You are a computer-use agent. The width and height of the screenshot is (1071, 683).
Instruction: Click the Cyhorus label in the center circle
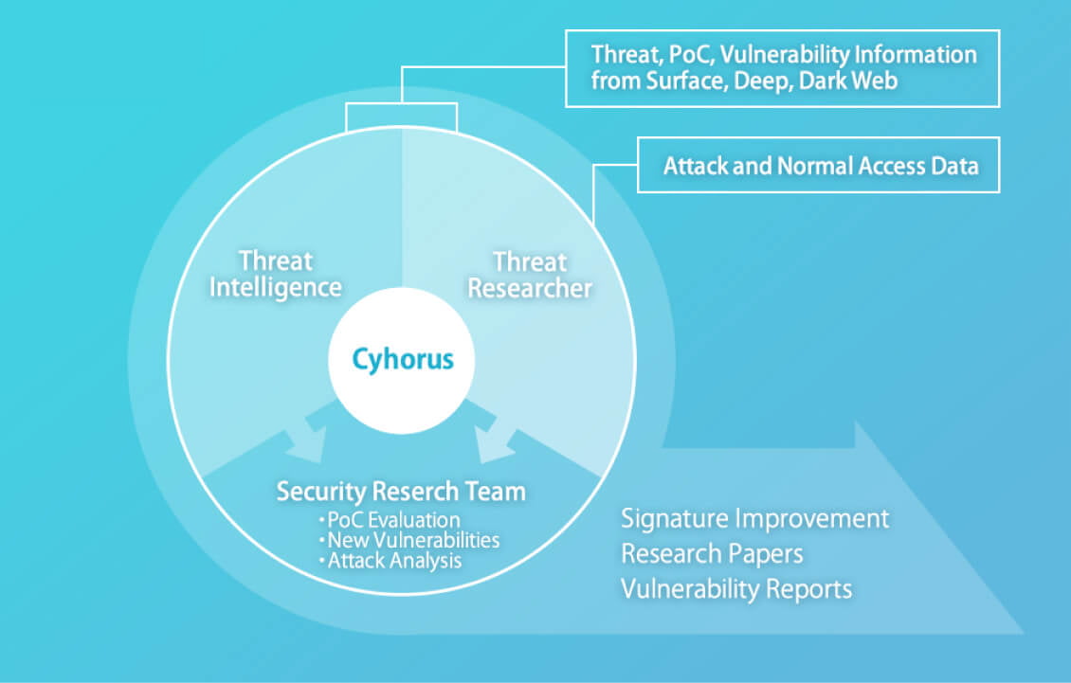coord(402,360)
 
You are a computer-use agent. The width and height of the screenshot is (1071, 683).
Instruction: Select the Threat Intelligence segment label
coord(275,275)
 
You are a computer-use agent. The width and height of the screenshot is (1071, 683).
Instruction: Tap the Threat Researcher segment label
coord(530,276)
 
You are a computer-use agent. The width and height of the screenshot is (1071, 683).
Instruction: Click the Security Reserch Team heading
coord(401,491)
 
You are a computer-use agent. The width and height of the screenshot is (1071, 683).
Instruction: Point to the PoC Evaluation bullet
coord(390,520)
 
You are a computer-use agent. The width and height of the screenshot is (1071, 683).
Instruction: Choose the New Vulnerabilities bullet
coord(409,540)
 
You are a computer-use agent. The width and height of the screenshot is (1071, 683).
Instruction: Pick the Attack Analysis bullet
coord(390,561)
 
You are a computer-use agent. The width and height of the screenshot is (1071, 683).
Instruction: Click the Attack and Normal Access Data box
coord(818,165)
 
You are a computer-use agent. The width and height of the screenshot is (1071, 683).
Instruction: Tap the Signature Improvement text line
coord(754,519)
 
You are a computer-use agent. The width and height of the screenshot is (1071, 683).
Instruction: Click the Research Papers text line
coord(712,554)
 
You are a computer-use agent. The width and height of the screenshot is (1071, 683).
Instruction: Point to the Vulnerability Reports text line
coord(736,589)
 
